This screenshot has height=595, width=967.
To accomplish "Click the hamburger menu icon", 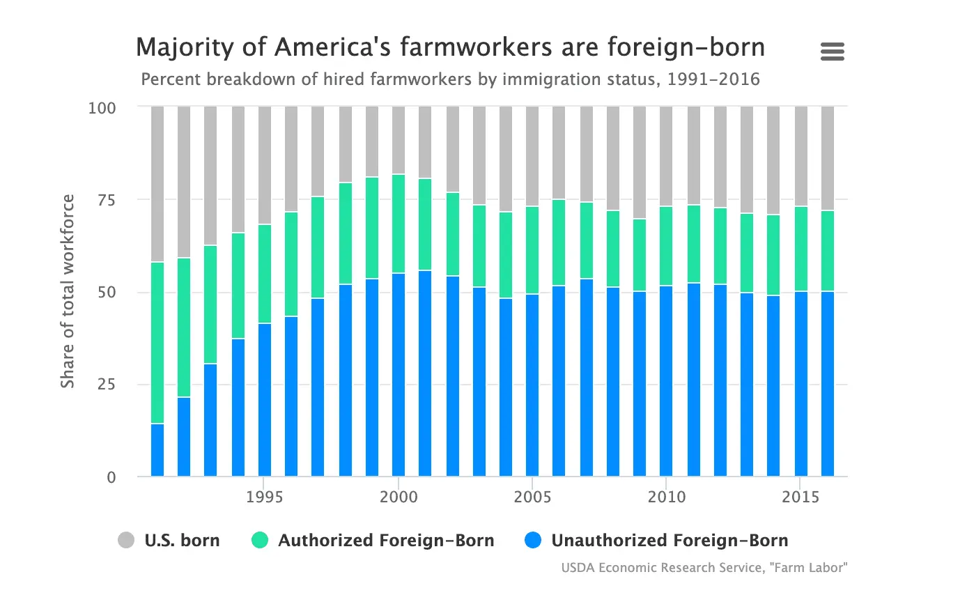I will click(x=833, y=51).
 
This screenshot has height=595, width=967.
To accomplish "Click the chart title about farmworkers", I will click(x=450, y=48).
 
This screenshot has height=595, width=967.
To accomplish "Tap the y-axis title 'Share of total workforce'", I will click(x=68, y=291).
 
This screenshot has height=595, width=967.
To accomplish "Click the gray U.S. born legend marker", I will click(x=126, y=540).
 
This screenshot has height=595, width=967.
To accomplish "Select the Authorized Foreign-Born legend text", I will click(x=386, y=540).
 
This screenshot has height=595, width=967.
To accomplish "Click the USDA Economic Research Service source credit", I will click(x=704, y=568).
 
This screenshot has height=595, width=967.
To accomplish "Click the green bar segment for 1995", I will click(x=265, y=274).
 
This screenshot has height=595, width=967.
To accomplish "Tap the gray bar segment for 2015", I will click(x=801, y=156).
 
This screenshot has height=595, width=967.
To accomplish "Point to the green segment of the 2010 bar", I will click(x=667, y=246).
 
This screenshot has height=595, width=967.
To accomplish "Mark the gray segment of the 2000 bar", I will click(x=399, y=139).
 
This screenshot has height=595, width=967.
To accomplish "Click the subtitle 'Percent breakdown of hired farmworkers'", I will click(x=450, y=79).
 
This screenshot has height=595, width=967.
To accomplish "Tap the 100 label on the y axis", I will click(x=103, y=108).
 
